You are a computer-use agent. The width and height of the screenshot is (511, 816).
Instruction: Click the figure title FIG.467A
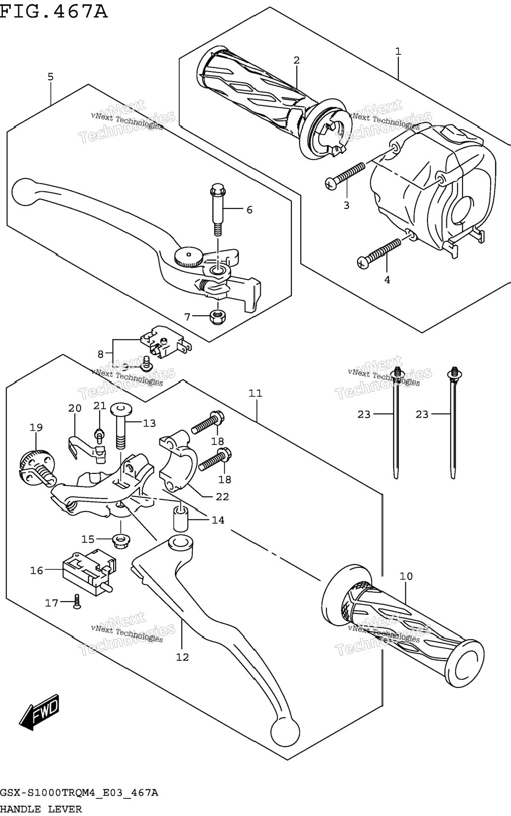point(53,11)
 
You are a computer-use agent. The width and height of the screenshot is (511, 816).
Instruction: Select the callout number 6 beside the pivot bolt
point(249,210)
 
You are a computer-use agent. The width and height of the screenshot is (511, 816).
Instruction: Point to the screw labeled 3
point(345,175)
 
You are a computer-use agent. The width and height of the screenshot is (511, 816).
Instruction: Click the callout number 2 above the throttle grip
point(296,60)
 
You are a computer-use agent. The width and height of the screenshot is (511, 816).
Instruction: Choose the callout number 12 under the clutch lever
point(182,657)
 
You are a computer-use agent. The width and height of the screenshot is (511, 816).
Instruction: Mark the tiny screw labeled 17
point(77,601)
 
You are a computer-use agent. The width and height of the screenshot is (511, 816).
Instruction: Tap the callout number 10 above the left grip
point(406,576)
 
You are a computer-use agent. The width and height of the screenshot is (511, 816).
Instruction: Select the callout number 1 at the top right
point(398,51)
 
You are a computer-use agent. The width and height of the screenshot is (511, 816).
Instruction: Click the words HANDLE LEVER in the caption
point(41,810)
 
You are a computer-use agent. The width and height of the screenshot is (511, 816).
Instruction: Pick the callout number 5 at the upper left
point(50,77)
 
